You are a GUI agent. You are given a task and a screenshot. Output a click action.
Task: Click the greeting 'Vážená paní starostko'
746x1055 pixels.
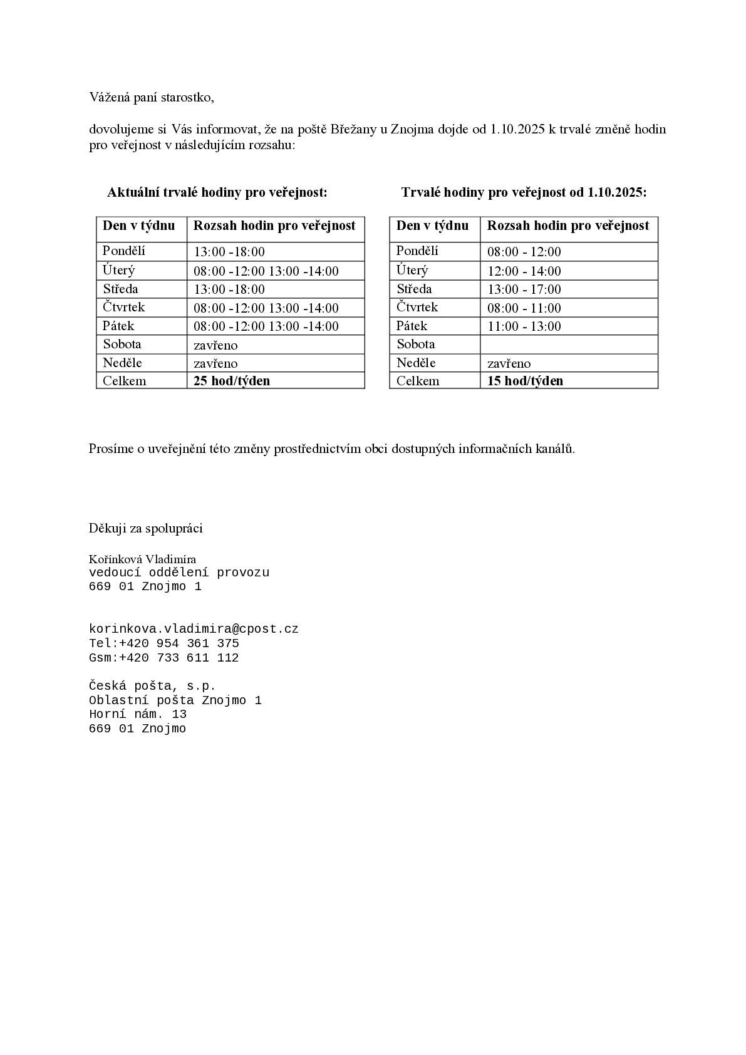pos(152,98)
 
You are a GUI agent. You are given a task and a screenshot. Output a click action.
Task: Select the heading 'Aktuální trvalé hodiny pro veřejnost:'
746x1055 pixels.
pos(217,192)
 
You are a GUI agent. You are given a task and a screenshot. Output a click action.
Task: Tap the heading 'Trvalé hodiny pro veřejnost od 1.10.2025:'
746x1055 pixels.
pos(524,192)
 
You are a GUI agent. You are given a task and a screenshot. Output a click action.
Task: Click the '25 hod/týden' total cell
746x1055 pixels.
pos(232,381)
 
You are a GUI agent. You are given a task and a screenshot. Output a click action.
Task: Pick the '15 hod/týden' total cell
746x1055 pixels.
pos(525,381)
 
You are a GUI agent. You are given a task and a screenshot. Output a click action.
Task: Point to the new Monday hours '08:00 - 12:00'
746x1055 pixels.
pos(524,252)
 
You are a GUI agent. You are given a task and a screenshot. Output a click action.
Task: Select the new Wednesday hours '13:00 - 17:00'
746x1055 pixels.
pos(524,289)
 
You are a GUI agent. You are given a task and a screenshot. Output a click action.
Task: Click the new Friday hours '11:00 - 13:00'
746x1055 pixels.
pos(524,326)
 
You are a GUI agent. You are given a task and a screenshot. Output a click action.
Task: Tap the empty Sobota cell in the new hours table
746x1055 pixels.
pos(569,345)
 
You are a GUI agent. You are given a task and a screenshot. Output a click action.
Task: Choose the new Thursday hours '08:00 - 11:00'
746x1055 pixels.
pos(524,308)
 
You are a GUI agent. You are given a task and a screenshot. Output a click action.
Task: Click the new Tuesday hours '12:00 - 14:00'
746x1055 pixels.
pos(524,271)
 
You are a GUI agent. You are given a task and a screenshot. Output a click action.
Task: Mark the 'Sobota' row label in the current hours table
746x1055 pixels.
pos(122,345)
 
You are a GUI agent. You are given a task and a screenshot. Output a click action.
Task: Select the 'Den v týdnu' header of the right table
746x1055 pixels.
pos(432,226)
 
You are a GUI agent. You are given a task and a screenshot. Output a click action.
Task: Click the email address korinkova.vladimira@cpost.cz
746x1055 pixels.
pos(194,629)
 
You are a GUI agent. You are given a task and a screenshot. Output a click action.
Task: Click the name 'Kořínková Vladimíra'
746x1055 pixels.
pos(142,559)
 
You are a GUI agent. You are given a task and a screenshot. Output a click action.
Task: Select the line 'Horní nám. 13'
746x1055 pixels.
pos(138,714)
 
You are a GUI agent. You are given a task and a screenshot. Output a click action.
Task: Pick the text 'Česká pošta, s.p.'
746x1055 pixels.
pos(152,686)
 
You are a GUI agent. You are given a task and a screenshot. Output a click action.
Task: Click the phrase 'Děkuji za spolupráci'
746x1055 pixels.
pos(145,528)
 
